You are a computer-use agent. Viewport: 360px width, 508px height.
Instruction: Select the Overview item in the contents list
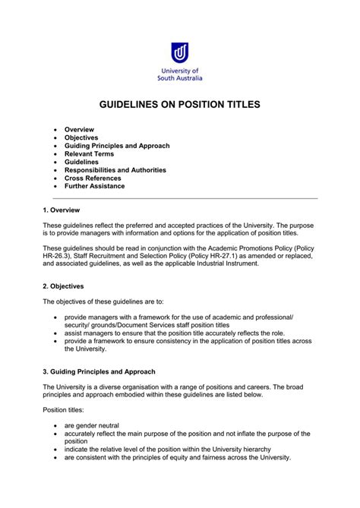[79, 129]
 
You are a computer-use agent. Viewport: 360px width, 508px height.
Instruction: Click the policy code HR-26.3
[57, 259]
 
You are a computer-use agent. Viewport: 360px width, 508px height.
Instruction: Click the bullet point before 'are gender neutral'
[56, 426]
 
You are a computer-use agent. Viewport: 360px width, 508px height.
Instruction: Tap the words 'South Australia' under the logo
[180, 78]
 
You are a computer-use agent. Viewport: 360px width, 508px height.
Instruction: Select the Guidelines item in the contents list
[81, 162]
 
